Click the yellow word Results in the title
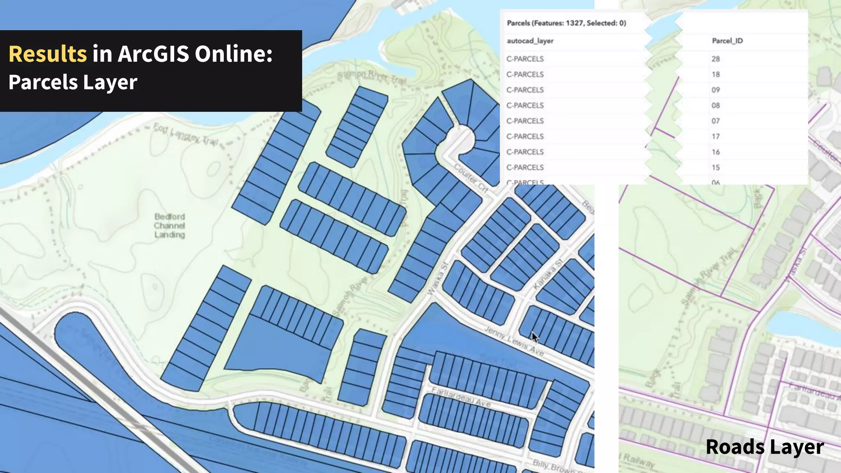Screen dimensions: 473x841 tap(48, 54)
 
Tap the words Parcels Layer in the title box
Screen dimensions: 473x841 tap(73, 82)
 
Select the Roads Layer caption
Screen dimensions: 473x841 tap(765, 447)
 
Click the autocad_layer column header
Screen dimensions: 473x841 tap(530, 41)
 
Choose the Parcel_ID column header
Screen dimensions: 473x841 tap(727, 41)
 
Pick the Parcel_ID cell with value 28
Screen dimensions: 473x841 tap(716, 59)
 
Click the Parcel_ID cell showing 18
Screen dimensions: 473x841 tap(716, 74)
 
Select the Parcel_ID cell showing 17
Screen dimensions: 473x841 tap(716, 136)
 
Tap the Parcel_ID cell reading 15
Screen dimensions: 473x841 tap(716, 168)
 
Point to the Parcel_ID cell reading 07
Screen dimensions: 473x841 tap(716, 121)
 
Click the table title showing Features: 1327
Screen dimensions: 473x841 tap(566, 23)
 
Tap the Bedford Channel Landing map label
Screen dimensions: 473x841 tap(170, 225)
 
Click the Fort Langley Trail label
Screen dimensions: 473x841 tap(186, 134)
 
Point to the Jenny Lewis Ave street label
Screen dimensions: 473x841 tap(514, 341)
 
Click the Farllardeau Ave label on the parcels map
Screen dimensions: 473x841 tap(461, 397)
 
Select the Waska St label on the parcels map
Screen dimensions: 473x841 tap(437, 279)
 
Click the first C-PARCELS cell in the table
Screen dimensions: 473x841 tap(525, 59)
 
